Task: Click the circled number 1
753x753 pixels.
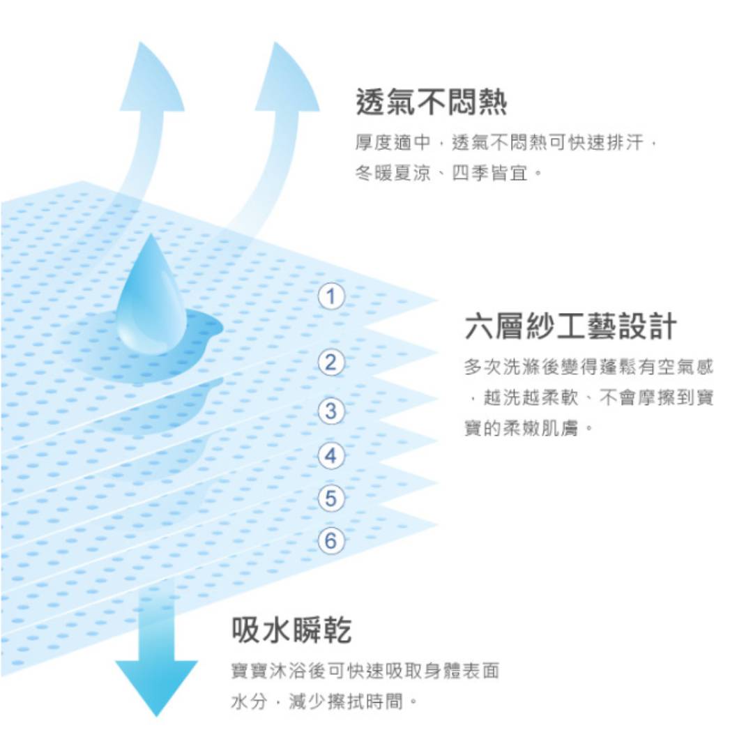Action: [331, 296]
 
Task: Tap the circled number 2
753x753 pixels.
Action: [331, 362]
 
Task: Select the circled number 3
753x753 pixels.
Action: [331, 411]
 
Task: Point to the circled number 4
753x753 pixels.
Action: [331, 455]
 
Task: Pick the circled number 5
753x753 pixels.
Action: [331, 498]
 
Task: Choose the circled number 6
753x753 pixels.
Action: [331, 541]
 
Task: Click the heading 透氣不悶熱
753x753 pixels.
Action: [432, 102]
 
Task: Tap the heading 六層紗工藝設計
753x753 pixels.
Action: [570, 326]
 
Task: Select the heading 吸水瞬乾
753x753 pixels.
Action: [291, 630]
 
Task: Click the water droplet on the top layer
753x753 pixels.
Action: [152, 298]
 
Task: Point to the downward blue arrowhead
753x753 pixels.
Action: [157, 687]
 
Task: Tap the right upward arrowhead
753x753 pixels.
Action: [286, 79]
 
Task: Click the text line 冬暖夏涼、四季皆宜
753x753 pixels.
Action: [449, 173]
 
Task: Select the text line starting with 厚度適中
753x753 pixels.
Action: [506, 143]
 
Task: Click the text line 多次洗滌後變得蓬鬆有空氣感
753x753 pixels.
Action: [588, 367]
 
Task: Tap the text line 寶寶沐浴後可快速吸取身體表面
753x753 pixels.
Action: [365, 671]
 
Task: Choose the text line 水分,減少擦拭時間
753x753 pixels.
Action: [324, 701]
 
